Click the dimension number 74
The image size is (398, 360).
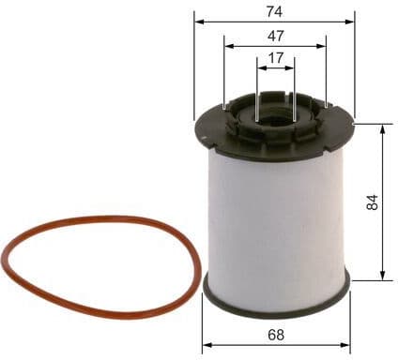click(x=275, y=11)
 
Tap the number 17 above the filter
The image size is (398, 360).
click(x=275, y=57)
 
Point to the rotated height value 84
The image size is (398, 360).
click(x=373, y=202)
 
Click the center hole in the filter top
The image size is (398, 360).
click(x=274, y=117)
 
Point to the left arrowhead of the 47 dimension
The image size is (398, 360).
click(x=228, y=44)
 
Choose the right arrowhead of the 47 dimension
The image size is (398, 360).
click(x=323, y=44)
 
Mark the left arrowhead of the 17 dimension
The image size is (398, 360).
click(x=260, y=67)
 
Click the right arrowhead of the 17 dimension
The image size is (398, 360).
click(x=291, y=67)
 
